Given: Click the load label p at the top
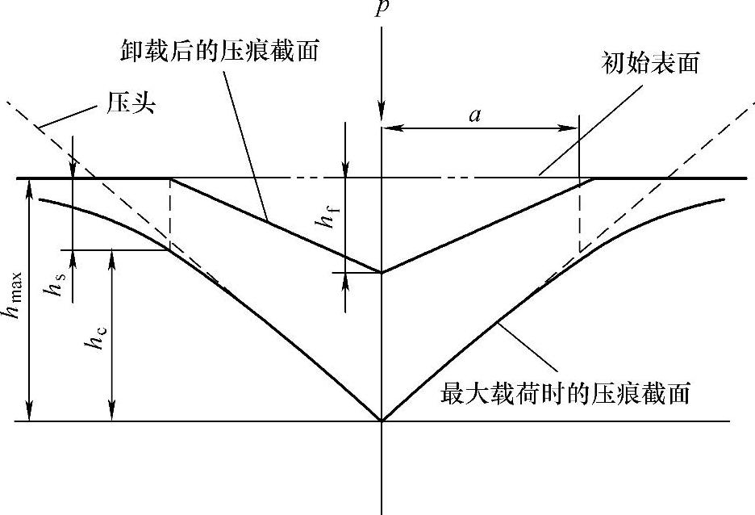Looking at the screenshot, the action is coord(382,10).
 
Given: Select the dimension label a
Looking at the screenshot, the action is coord(476,115).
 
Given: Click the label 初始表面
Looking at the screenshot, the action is coord(649,64).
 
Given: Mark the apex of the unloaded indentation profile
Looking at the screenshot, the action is coord(382,272).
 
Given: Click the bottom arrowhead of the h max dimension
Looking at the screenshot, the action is coord(30,416).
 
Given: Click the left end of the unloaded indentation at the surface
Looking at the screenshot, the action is coord(170,178).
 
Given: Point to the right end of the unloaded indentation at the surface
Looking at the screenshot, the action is coord(594,178).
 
